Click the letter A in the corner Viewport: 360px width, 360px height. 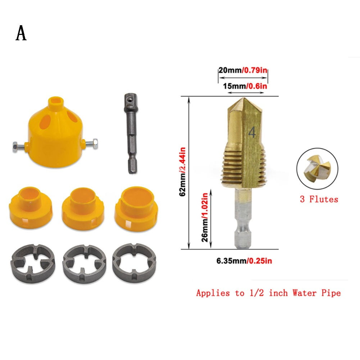click(x=21, y=33)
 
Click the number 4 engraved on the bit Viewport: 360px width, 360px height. click(x=252, y=133)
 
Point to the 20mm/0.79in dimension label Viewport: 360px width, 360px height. click(x=243, y=71)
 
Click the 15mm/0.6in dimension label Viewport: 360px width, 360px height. click(x=244, y=86)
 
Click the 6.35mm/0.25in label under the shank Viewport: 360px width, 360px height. click(x=244, y=260)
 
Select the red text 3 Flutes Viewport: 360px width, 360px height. click(x=319, y=199)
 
